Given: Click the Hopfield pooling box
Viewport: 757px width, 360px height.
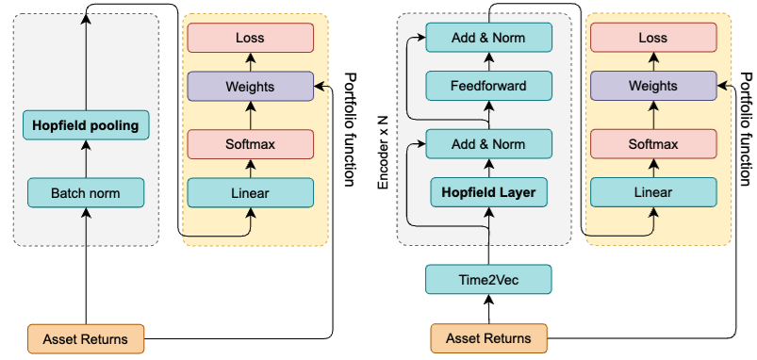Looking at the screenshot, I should pos(86,123).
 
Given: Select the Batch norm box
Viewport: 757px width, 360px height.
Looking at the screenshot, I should pos(86,193).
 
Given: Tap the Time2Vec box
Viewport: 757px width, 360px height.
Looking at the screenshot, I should pos(488,279).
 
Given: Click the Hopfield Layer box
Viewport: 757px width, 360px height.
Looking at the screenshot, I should pos(488,193).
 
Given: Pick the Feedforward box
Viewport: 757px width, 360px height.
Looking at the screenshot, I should pos(488,88).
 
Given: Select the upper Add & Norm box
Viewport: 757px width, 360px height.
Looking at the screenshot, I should pos(488,39).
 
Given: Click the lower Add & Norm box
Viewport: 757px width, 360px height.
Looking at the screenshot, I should pos(488,144).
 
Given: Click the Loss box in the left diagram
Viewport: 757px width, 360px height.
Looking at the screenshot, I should pos(250,39).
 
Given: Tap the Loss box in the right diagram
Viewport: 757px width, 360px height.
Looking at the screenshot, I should pos(652,39).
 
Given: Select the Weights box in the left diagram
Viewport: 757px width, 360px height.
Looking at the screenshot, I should pos(250,87).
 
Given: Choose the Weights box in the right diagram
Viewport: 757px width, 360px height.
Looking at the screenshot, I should pos(652,87).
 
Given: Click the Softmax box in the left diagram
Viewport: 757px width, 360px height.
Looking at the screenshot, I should pos(250,144).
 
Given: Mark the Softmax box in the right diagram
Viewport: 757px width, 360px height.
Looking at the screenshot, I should pos(652,144).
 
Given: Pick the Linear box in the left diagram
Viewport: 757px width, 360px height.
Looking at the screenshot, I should pos(250,193).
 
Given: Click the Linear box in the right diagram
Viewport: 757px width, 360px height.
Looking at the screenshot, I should pos(652,193).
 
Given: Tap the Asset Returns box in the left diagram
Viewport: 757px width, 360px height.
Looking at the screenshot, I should pos(86,337).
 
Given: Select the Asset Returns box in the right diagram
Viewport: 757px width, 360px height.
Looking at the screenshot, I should pos(488,337).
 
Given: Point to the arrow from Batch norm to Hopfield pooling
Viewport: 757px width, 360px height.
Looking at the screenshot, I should pos(86,158).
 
